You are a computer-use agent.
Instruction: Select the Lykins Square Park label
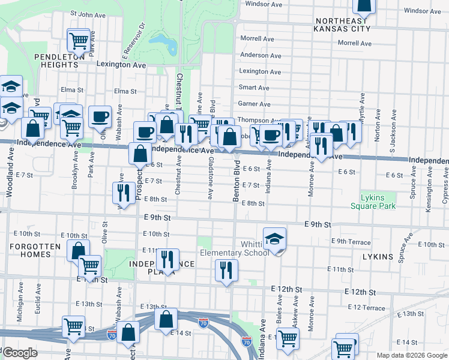click(x=378, y=201)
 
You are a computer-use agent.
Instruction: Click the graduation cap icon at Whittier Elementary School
click(x=274, y=238)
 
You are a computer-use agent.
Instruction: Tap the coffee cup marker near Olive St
click(x=100, y=116)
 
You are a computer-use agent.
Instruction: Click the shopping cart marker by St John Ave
click(x=79, y=40)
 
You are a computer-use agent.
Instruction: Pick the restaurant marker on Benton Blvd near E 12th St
click(x=226, y=269)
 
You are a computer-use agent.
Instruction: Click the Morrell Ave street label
click(x=355, y=43)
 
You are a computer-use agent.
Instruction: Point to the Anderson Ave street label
click(x=261, y=55)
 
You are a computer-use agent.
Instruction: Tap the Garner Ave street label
click(x=254, y=104)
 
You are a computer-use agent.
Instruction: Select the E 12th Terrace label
click(x=366, y=308)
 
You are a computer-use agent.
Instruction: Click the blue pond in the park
click(x=161, y=44)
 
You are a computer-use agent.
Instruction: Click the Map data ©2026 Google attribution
click(x=412, y=355)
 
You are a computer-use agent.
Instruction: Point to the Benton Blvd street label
click(x=237, y=173)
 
